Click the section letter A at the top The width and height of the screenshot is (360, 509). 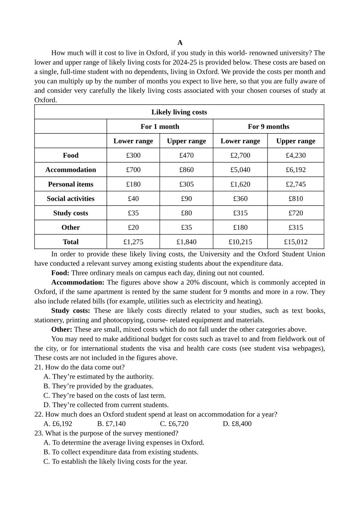[x=180, y=42]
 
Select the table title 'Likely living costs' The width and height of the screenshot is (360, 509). [x=179, y=112]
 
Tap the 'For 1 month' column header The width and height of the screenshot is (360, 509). [x=160, y=126]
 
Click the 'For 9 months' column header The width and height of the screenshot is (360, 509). [x=268, y=126]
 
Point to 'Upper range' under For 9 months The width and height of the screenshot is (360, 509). [x=296, y=141]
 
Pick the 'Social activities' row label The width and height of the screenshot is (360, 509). [x=70, y=198]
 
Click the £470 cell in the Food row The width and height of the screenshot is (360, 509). [x=186, y=155]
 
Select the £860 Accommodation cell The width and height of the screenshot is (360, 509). [x=186, y=170]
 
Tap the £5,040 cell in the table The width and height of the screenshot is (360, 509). [x=240, y=170]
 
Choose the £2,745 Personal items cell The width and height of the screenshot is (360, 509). [x=296, y=184]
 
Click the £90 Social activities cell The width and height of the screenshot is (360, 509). [x=186, y=198]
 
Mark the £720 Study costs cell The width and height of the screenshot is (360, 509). [x=296, y=213]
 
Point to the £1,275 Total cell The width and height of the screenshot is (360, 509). [x=133, y=242]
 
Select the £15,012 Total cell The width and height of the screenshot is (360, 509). [x=296, y=242]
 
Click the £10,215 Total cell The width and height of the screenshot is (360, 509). [x=240, y=242]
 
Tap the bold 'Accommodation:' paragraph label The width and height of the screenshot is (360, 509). [x=78, y=283]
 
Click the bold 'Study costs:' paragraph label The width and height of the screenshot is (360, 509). [x=71, y=311]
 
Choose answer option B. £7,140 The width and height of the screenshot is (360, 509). [x=111, y=424]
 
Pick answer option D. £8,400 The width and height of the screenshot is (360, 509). [x=237, y=424]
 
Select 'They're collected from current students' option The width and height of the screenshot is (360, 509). [x=106, y=405]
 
